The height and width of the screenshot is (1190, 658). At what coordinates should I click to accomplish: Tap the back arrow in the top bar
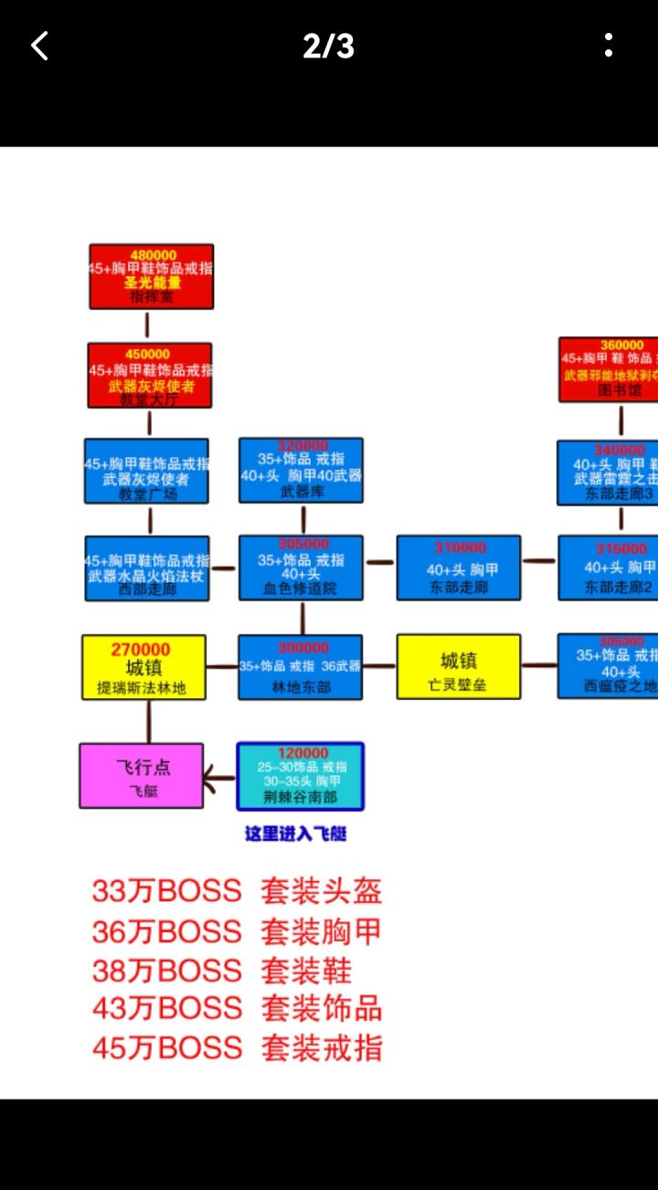[x=39, y=46]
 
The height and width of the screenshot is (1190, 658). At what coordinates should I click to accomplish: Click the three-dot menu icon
[x=609, y=46]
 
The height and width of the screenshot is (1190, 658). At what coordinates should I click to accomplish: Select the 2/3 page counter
[x=329, y=46]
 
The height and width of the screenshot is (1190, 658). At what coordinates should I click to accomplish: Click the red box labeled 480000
[x=152, y=276]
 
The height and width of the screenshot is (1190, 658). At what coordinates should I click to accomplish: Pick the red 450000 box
[x=150, y=376]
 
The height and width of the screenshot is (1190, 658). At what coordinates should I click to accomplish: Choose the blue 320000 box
[x=301, y=470]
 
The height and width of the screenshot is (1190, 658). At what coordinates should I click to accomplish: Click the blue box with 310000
[x=459, y=568]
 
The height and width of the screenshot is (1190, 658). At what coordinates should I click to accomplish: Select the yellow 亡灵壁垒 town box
[x=459, y=667]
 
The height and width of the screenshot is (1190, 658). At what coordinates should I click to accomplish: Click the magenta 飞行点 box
[x=142, y=775]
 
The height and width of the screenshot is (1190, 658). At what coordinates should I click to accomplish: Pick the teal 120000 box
[x=301, y=776]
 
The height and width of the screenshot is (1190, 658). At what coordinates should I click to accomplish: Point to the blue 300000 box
[x=301, y=667]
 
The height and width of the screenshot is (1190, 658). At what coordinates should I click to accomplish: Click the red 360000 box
[x=610, y=369]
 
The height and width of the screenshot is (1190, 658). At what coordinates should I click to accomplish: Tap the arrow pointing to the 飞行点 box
[x=219, y=781]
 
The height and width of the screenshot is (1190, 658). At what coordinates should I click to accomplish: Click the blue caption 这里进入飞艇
[x=295, y=834]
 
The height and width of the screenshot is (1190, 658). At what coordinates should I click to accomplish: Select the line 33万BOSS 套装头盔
[x=237, y=890]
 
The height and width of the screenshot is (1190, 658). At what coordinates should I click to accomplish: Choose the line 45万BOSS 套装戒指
[x=237, y=1047]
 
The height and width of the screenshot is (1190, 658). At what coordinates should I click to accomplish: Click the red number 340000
[x=620, y=451]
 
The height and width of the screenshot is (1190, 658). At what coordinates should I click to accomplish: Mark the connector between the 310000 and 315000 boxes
[x=539, y=560]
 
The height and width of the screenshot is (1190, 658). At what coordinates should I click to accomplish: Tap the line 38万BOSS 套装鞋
[x=222, y=970]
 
